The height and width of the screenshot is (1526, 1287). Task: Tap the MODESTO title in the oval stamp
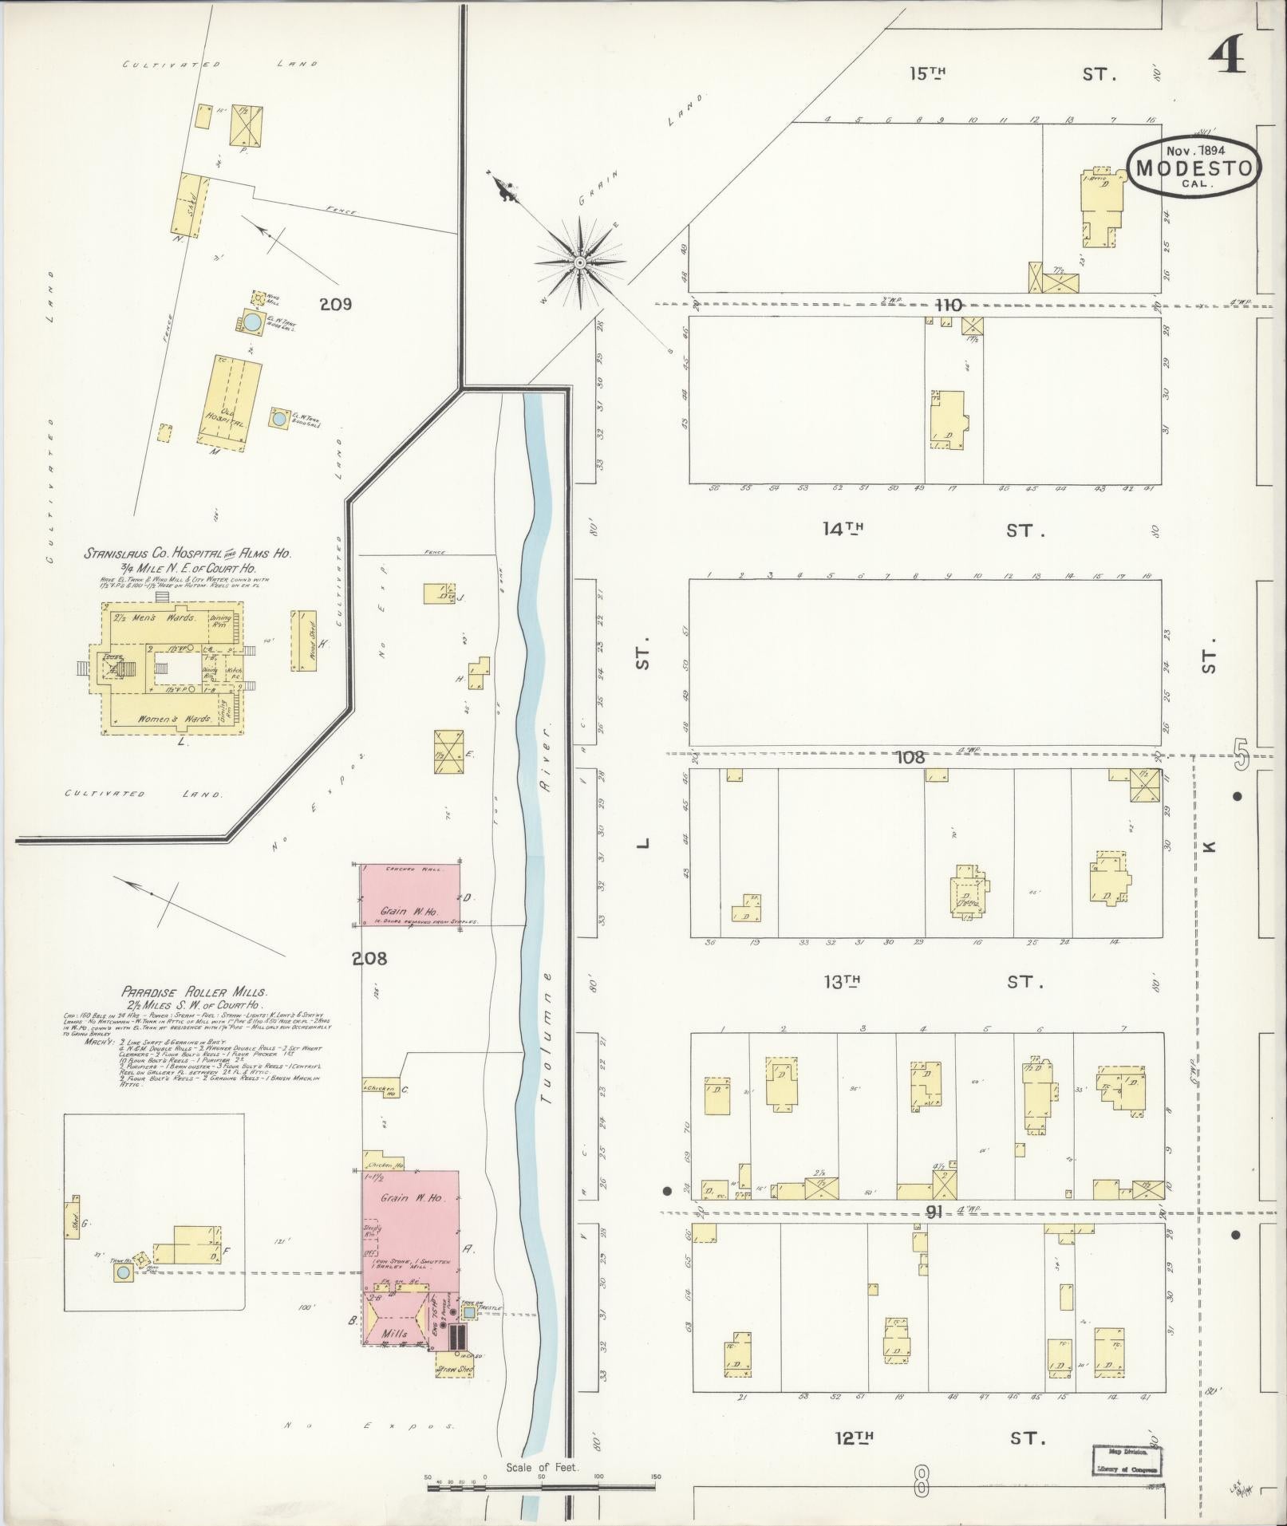(x=1194, y=168)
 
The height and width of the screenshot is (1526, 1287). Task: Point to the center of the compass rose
(x=580, y=262)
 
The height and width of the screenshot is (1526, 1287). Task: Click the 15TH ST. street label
(x=1010, y=74)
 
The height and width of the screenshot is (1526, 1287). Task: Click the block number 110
(x=949, y=305)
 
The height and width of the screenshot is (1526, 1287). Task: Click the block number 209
(x=335, y=304)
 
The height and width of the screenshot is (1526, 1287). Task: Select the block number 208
(x=370, y=958)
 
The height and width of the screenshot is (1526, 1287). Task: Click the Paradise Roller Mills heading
(x=195, y=992)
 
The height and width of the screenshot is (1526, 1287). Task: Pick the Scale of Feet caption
(x=542, y=1467)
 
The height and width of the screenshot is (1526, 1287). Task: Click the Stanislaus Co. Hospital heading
(x=188, y=553)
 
